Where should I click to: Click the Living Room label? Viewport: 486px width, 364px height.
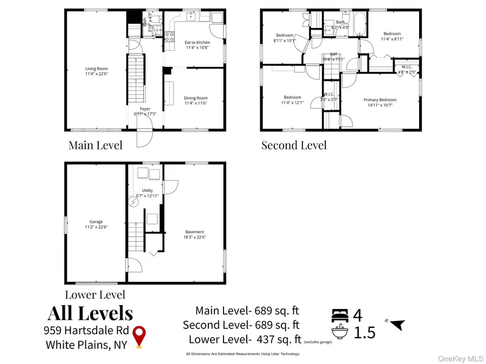[96, 68]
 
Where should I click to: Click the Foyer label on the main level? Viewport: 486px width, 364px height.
[145, 109]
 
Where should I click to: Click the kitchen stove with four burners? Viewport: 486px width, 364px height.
[169, 37]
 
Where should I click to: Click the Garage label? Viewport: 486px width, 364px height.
[96, 222]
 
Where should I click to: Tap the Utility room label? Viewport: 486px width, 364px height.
[147, 190]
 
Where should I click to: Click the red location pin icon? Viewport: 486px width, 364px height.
[140, 337]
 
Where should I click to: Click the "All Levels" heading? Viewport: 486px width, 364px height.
[90, 313]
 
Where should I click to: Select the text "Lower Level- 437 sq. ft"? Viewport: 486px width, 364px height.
[244, 340]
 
